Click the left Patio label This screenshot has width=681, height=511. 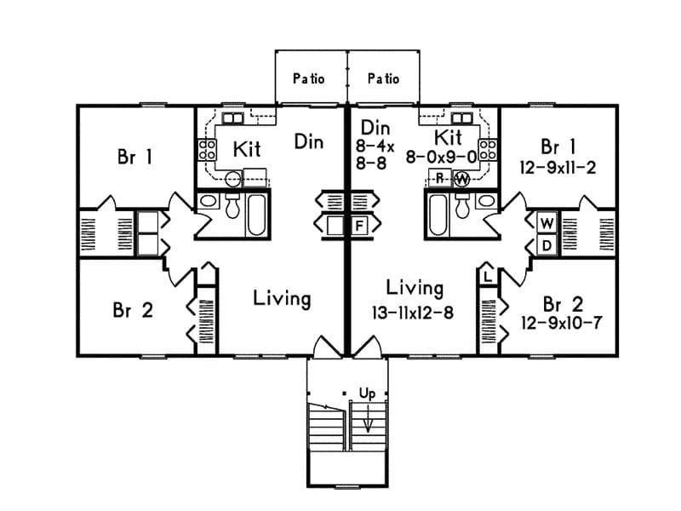(309, 78)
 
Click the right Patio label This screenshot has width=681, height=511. (383, 78)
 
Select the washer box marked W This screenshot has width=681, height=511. (547, 223)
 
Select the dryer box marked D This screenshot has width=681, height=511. (547, 245)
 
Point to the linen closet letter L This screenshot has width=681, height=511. (487, 278)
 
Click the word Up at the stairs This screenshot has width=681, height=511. (367, 394)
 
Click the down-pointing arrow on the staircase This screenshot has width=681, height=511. (368, 422)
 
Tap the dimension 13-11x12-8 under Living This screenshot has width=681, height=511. (412, 313)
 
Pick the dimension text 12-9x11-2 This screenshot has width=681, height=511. (558, 168)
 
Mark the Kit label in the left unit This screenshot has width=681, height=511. (247, 150)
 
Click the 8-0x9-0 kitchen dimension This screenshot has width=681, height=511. (440, 157)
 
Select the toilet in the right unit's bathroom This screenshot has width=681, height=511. (463, 204)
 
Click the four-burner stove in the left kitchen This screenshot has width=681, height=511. (207, 150)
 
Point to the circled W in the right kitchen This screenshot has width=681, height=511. (461, 179)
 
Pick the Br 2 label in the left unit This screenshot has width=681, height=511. (132, 310)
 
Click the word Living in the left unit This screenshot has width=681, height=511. (282, 299)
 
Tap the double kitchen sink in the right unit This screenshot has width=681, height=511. (462, 118)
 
